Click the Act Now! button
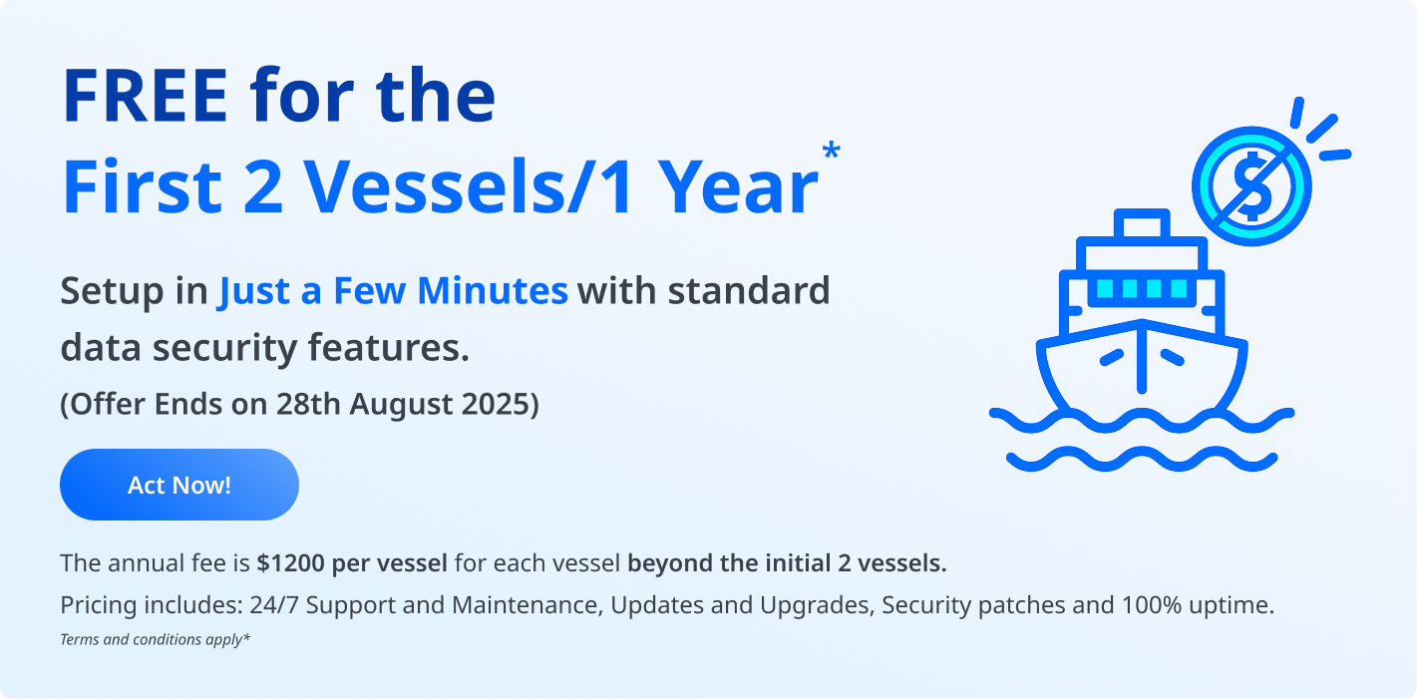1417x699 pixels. click(x=179, y=485)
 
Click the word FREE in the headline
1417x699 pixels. click(x=146, y=96)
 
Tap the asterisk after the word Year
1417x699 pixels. click(x=831, y=152)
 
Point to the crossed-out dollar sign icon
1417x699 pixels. click(x=1251, y=186)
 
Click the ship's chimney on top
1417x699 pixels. click(x=1142, y=224)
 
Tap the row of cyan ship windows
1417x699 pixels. click(x=1142, y=289)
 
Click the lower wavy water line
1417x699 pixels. click(x=1142, y=459)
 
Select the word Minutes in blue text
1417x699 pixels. click(x=493, y=291)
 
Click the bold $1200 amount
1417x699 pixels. click(x=290, y=563)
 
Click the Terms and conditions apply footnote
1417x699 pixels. click(x=155, y=639)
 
